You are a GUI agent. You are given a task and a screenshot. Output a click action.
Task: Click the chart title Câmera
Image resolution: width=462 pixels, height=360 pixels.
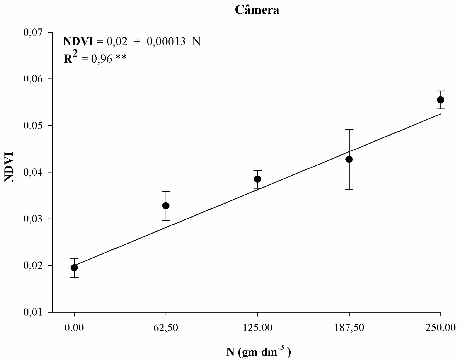(x=257, y=10)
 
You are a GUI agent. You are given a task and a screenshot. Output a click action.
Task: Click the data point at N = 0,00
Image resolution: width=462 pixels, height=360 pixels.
(x=74, y=268)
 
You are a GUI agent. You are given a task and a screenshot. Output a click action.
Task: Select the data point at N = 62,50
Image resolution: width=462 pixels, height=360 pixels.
(x=166, y=206)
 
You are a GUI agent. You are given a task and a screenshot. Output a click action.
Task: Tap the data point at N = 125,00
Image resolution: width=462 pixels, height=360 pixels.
(x=257, y=179)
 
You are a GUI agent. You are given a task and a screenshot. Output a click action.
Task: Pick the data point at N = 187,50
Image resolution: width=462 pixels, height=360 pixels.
(x=349, y=159)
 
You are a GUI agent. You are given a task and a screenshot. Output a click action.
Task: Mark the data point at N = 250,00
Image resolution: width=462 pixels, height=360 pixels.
(x=441, y=100)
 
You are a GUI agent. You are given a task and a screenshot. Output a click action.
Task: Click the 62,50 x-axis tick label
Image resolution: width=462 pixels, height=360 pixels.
(x=166, y=328)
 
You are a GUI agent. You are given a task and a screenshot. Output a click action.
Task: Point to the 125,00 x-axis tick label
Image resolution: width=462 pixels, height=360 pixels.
(x=257, y=328)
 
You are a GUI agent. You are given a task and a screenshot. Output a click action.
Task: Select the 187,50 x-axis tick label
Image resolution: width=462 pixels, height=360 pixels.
(x=349, y=328)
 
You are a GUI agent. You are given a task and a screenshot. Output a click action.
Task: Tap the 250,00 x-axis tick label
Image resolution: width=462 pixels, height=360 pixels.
(x=441, y=328)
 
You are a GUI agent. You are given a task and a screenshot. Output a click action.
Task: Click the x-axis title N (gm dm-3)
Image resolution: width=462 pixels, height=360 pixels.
(x=259, y=352)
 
